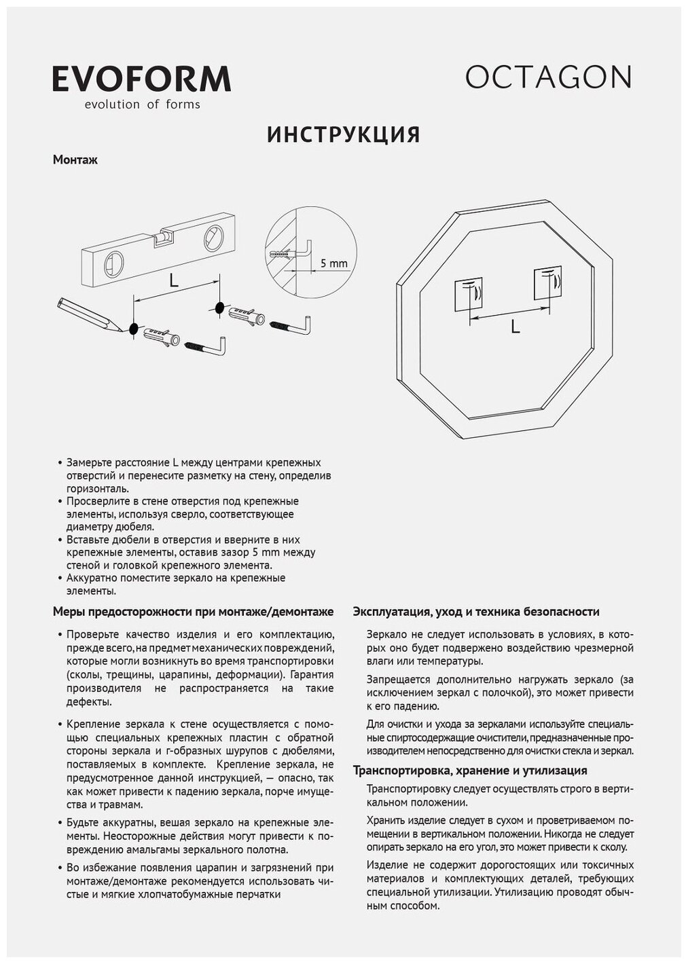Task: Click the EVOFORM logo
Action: click(x=141, y=79)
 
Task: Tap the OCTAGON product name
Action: click(x=548, y=77)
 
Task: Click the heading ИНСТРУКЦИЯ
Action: click(x=344, y=134)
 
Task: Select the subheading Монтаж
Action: click(x=75, y=161)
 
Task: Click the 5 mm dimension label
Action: click(x=333, y=263)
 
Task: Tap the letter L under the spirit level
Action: click(x=174, y=280)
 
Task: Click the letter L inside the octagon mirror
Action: click(x=515, y=327)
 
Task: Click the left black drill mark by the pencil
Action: click(x=133, y=329)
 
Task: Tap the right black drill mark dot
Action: click(x=219, y=308)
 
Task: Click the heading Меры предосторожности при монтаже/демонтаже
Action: click(x=193, y=612)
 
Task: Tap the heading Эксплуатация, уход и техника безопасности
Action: click(x=475, y=612)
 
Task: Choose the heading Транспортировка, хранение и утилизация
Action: click(x=470, y=771)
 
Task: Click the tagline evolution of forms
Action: click(x=141, y=105)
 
